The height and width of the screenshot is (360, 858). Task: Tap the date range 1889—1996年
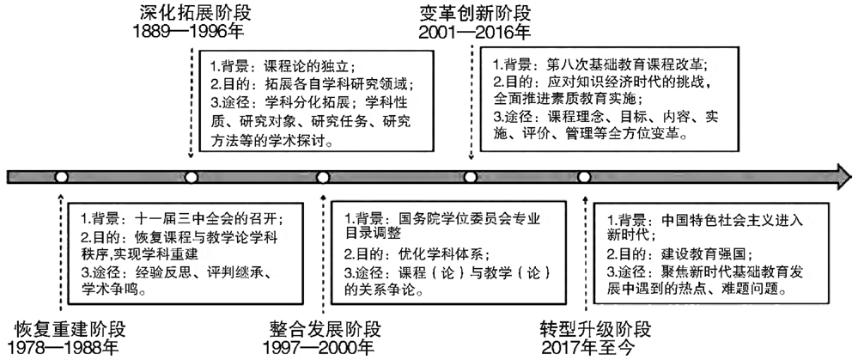[x=189, y=31]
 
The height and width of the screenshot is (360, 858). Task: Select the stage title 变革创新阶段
[x=476, y=12]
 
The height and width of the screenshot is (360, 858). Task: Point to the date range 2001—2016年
[x=474, y=32]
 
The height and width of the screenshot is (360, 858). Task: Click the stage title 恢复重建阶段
[x=70, y=329]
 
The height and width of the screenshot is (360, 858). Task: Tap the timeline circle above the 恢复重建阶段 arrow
[x=61, y=177]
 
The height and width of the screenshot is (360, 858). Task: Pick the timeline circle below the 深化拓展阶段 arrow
[x=191, y=177]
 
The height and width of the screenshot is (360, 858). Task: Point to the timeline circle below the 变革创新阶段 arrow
[x=470, y=177]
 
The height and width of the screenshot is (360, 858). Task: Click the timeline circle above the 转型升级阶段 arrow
[x=584, y=177]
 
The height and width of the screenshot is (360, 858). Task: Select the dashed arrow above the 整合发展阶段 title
[x=324, y=254]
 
